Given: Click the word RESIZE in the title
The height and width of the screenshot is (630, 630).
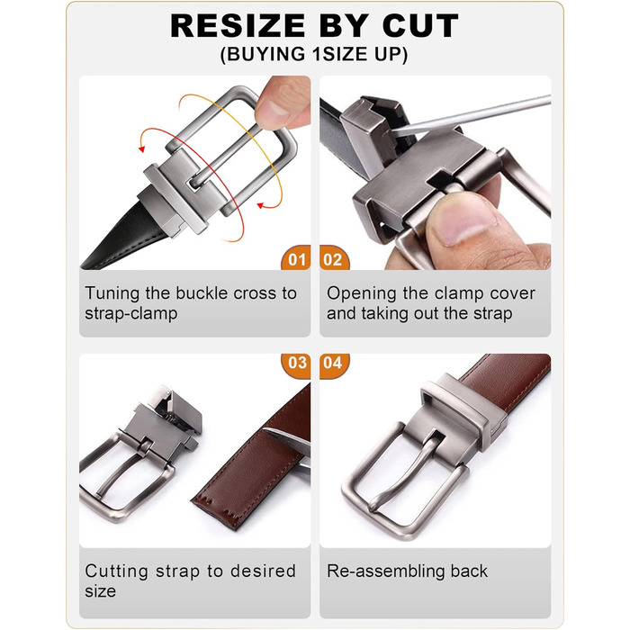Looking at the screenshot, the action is (238, 26).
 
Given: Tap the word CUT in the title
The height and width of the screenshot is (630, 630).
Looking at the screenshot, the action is (420, 26).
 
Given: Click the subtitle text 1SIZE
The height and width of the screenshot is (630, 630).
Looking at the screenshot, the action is (341, 54).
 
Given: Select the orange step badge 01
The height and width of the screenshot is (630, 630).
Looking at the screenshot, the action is (296, 258).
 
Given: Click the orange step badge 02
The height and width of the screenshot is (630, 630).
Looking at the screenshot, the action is (334, 258).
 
